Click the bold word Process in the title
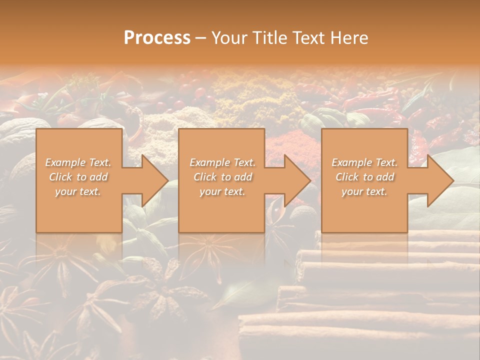click(x=157, y=38)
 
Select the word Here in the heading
click(x=348, y=38)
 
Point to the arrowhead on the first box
click(x=152, y=180)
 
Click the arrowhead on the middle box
click(x=295, y=180)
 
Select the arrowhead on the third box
click(x=437, y=180)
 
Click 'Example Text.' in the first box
click(x=78, y=162)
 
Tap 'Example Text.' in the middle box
click(x=222, y=162)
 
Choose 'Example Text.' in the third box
click(x=364, y=162)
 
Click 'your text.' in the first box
click(x=78, y=191)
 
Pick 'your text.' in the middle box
click(x=222, y=191)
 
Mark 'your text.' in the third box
click(x=364, y=191)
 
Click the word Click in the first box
click(x=60, y=177)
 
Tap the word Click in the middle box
click(x=205, y=177)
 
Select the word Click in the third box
click(x=347, y=177)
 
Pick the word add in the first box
click(x=98, y=177)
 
